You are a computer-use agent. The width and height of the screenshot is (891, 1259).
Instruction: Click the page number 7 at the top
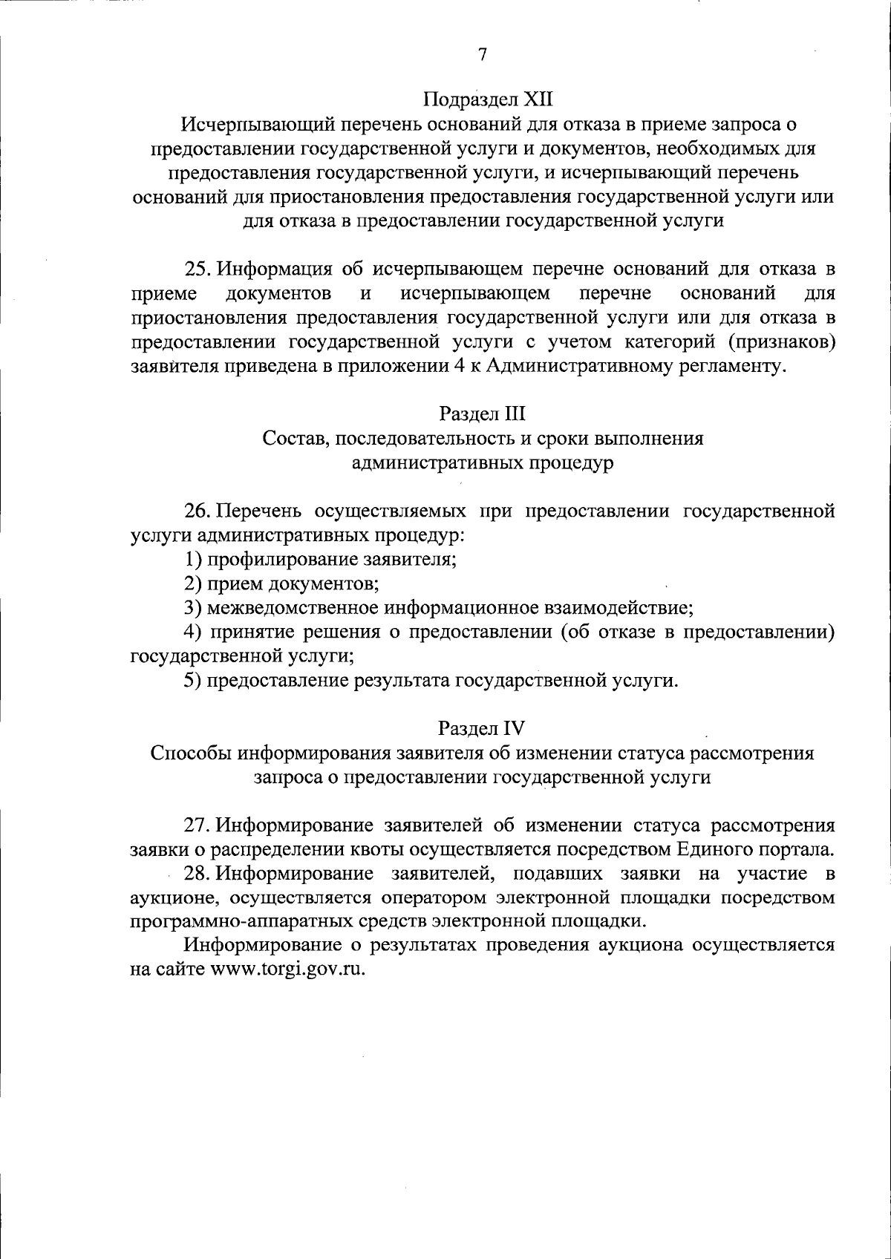(x=482, y=56)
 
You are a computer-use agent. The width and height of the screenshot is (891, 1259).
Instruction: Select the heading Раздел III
(x=482, y=413)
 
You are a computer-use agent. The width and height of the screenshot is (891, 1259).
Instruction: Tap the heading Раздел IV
(x=482, y=727)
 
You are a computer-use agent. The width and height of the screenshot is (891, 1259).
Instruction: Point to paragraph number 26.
(x=198, y=511)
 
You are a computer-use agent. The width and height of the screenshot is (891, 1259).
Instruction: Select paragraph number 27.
(x=198, y=825)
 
